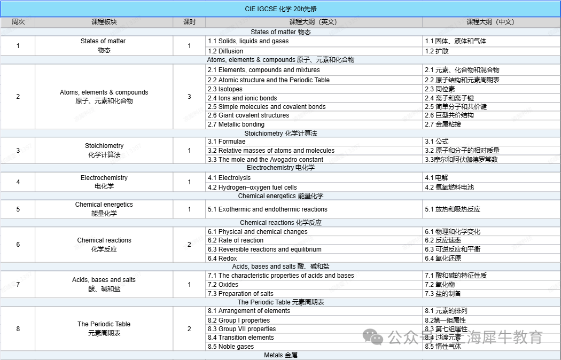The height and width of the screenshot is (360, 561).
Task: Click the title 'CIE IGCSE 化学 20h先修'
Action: coord(280,9)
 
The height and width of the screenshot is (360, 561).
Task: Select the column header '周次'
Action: coord(18,22)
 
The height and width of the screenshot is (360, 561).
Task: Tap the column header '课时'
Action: coord(189,22)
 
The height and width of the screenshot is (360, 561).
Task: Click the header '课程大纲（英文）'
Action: coord(313,22)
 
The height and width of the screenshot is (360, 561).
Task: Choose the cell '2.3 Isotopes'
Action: coord(225,89)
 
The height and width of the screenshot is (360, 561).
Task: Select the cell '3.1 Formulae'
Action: coord(227,142)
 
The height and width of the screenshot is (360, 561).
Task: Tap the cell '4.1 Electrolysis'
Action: coord(229,178)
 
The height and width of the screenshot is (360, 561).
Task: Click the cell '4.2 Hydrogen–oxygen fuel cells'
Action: coord(252,187)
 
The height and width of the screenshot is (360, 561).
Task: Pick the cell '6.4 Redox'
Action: coord(222,259)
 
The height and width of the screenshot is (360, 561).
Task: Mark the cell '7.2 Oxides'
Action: coord(223,285)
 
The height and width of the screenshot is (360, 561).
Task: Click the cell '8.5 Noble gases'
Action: coord(231,347)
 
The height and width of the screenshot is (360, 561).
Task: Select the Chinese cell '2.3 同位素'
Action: coord(440,89)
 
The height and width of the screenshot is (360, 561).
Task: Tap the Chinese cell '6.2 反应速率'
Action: coord(443,240)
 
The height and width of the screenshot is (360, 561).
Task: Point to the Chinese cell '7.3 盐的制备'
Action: coord(443,294)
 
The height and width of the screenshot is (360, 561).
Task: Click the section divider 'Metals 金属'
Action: coord(280,355)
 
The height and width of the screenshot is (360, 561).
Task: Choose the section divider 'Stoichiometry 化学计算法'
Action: coord(280,133)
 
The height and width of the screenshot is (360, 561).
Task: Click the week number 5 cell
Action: coord(18,209)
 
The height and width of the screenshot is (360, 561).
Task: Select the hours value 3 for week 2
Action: coord(189,97)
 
